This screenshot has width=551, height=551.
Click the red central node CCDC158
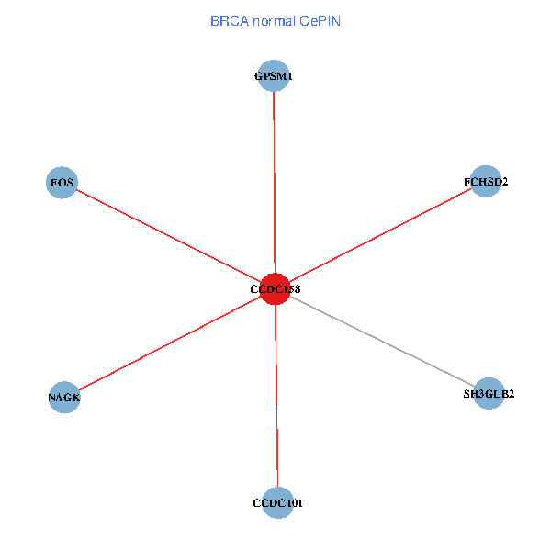[275, 288]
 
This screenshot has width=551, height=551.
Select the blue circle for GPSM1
[274, 75]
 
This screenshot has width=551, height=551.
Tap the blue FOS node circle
[62, 182]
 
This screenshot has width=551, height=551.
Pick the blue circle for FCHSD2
[486, 181]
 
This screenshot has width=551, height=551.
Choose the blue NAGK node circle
[63, 397]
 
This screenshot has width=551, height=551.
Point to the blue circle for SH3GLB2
[489, 394]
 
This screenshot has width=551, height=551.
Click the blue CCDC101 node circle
[276, 502]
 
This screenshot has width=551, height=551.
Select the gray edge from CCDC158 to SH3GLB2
[381, 341]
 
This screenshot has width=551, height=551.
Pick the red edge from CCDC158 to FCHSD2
[380, 235]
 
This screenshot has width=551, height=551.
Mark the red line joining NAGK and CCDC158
[169, 343]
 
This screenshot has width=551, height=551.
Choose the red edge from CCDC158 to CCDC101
[275, 395]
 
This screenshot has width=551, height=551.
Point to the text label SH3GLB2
[489, 394]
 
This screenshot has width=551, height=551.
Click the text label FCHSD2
[486, 181]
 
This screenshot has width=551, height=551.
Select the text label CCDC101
[276, 503]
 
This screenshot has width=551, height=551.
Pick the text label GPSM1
[274, 76]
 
